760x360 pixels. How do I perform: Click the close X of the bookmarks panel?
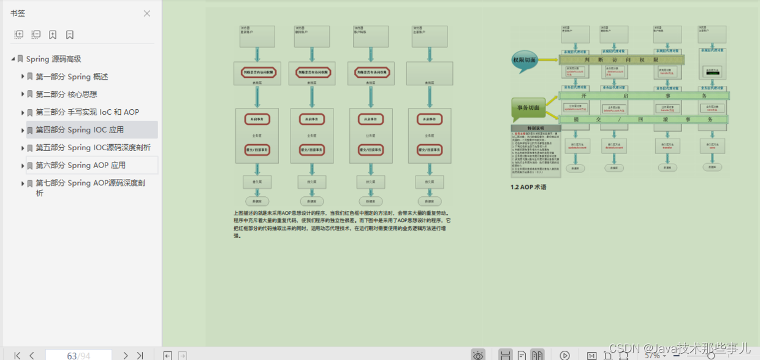[x=147, y=13]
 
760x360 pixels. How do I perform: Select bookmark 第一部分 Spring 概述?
[x=72, y=77]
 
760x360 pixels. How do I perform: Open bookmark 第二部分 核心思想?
[x=66, y=94]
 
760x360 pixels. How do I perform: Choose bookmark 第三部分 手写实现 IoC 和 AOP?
[x=87, y=112]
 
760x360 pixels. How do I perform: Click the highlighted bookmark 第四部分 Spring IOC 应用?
[x=80, y=130]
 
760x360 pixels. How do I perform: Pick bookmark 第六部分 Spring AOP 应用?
[x=80, y=165]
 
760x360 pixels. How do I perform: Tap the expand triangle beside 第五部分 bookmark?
[x=23, y=148]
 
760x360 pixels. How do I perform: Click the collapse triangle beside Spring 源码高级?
[x=13, y=59]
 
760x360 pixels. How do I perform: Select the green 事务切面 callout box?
[x=528, y=108]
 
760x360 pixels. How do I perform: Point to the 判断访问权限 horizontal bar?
[x=621, y=59]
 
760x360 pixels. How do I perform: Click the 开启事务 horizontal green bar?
[x=644, y=96]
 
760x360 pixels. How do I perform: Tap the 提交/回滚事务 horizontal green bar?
[x=644, y=120]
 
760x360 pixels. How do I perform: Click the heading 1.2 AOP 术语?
[x=528, y=187]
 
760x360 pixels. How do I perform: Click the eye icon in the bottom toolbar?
[x=478, y=355]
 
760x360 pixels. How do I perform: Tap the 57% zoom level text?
[x=652, y=355]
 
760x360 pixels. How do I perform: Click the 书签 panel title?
[x=18, y=13]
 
